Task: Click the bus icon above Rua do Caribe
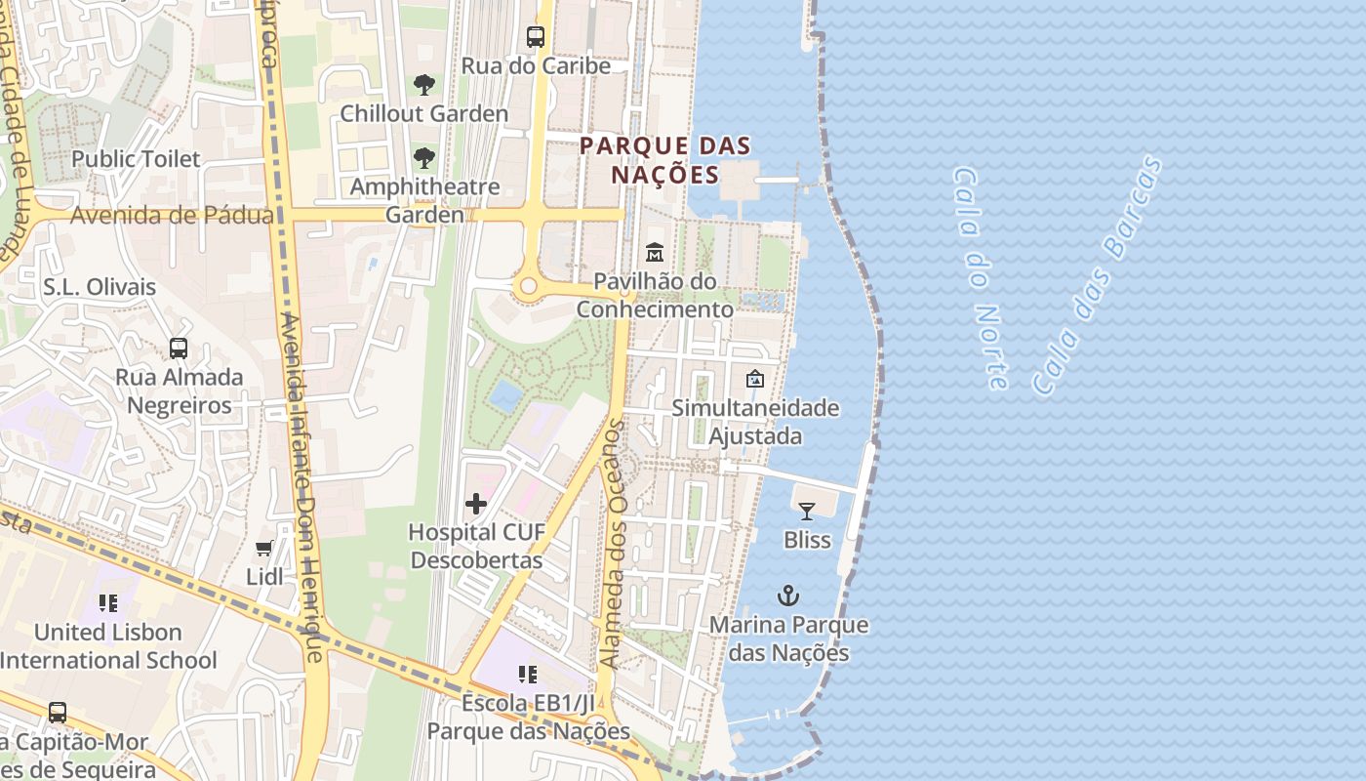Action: [535, 37]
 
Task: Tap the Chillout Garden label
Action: [423, 113]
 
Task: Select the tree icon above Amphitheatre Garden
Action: [423, 158]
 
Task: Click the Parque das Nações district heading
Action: [664, 161]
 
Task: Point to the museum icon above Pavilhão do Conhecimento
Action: [655, 253]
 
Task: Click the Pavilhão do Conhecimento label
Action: [655, 296]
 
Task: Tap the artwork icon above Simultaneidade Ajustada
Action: [754, 379]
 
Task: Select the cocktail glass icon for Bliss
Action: [807, 511]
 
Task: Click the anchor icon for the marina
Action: [787, 596]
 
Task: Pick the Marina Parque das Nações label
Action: [788, 638]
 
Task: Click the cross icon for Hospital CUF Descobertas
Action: [476, 504]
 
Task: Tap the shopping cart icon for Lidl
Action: [263, 549]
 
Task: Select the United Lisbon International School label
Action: [108, 646]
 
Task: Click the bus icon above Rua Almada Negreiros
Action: [179, 349]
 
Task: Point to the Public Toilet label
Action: [136, 158]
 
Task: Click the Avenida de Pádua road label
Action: [172, 215]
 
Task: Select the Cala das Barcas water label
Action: [1097, 275]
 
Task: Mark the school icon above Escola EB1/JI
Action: [528, 674]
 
